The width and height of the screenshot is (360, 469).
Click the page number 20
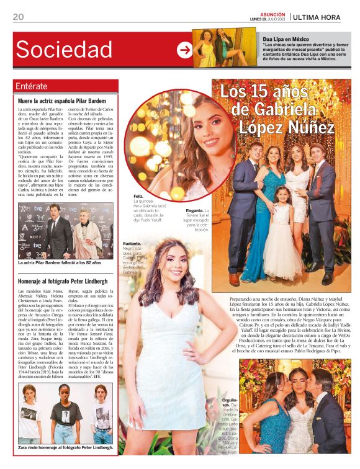point(18,17)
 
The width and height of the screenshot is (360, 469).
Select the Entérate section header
point(31,86)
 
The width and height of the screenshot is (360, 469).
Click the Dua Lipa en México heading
point(286,39)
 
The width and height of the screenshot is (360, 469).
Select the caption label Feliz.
point(138,197)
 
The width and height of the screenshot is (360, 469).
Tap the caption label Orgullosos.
point(230,403)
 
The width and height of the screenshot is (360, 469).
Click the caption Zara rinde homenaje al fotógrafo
point(65,447)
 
